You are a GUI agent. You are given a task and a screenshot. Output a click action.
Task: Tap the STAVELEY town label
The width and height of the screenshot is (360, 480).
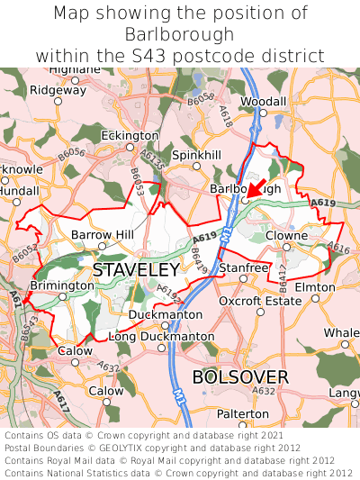(x=136, y=270)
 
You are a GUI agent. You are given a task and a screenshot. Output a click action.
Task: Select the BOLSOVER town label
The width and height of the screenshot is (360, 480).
(x=240, y=376)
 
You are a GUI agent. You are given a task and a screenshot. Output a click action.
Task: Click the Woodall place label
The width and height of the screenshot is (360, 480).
(x=264, y=102)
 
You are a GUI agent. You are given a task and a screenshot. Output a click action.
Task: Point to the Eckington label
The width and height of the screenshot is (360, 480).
(x=130, y=135)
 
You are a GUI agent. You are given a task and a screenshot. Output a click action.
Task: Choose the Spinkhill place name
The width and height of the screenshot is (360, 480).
(x=196, y=155)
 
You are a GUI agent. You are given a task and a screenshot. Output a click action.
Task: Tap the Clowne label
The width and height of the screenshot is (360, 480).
(x=286, y=235)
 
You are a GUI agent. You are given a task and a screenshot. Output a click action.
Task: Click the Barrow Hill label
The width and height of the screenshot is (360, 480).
(x=103, y=235)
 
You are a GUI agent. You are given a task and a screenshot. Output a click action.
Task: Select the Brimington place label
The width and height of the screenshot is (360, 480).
(x=62, y=285)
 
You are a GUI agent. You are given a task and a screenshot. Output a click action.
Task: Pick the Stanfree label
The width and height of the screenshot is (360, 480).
(x=244, y=267)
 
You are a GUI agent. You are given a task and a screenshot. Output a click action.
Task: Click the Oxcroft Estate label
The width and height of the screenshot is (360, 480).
(x=260, y=301)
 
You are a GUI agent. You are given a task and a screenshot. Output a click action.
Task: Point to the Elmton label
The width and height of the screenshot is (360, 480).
(x=315, y=287)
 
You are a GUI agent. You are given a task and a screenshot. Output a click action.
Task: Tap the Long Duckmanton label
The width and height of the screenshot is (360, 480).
(x=161, y=337)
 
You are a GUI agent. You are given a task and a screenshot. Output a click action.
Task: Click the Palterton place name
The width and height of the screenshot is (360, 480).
(x=241, y=412)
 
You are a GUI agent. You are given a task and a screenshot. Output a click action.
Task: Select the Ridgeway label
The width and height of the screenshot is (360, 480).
(x=58, y=90)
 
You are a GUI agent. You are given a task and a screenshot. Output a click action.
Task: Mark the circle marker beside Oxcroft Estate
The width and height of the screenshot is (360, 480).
(x=260, y=312)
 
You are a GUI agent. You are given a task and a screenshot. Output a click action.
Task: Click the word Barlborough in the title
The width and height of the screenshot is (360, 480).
(x=180, y=34)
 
